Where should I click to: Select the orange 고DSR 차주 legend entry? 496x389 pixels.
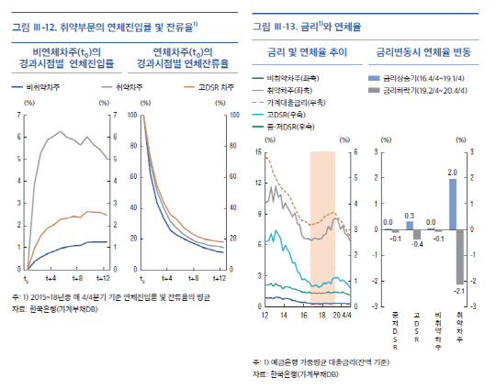pos(196,87)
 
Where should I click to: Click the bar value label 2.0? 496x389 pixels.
pos(453,172)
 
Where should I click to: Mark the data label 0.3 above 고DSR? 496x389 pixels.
pos(409,215)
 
